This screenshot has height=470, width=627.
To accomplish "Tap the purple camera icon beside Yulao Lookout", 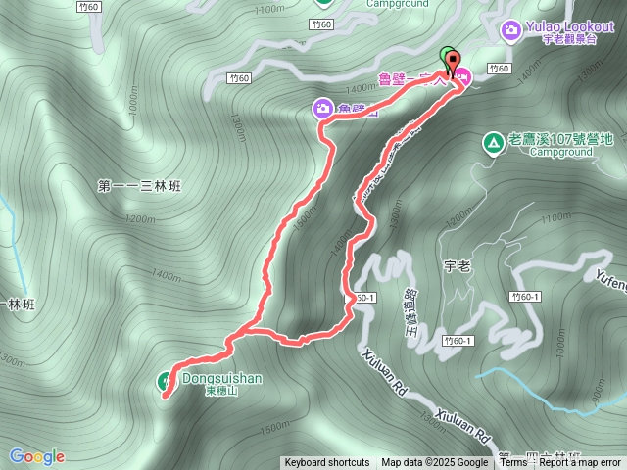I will click(510, 31).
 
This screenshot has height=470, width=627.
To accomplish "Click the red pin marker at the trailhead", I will click(453, 64).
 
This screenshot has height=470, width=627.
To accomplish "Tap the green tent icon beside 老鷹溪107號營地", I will click(491, 143).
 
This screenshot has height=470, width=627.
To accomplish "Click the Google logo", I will click(36, 456).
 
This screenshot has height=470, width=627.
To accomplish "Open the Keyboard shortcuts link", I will click(327, 463).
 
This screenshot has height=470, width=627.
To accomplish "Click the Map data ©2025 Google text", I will click(434, 463).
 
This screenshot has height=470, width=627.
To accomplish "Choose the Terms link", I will click(513, 463).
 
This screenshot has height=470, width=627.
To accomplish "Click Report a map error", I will click(580, 463).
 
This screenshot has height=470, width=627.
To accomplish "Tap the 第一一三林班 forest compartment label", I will click(142, 185).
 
